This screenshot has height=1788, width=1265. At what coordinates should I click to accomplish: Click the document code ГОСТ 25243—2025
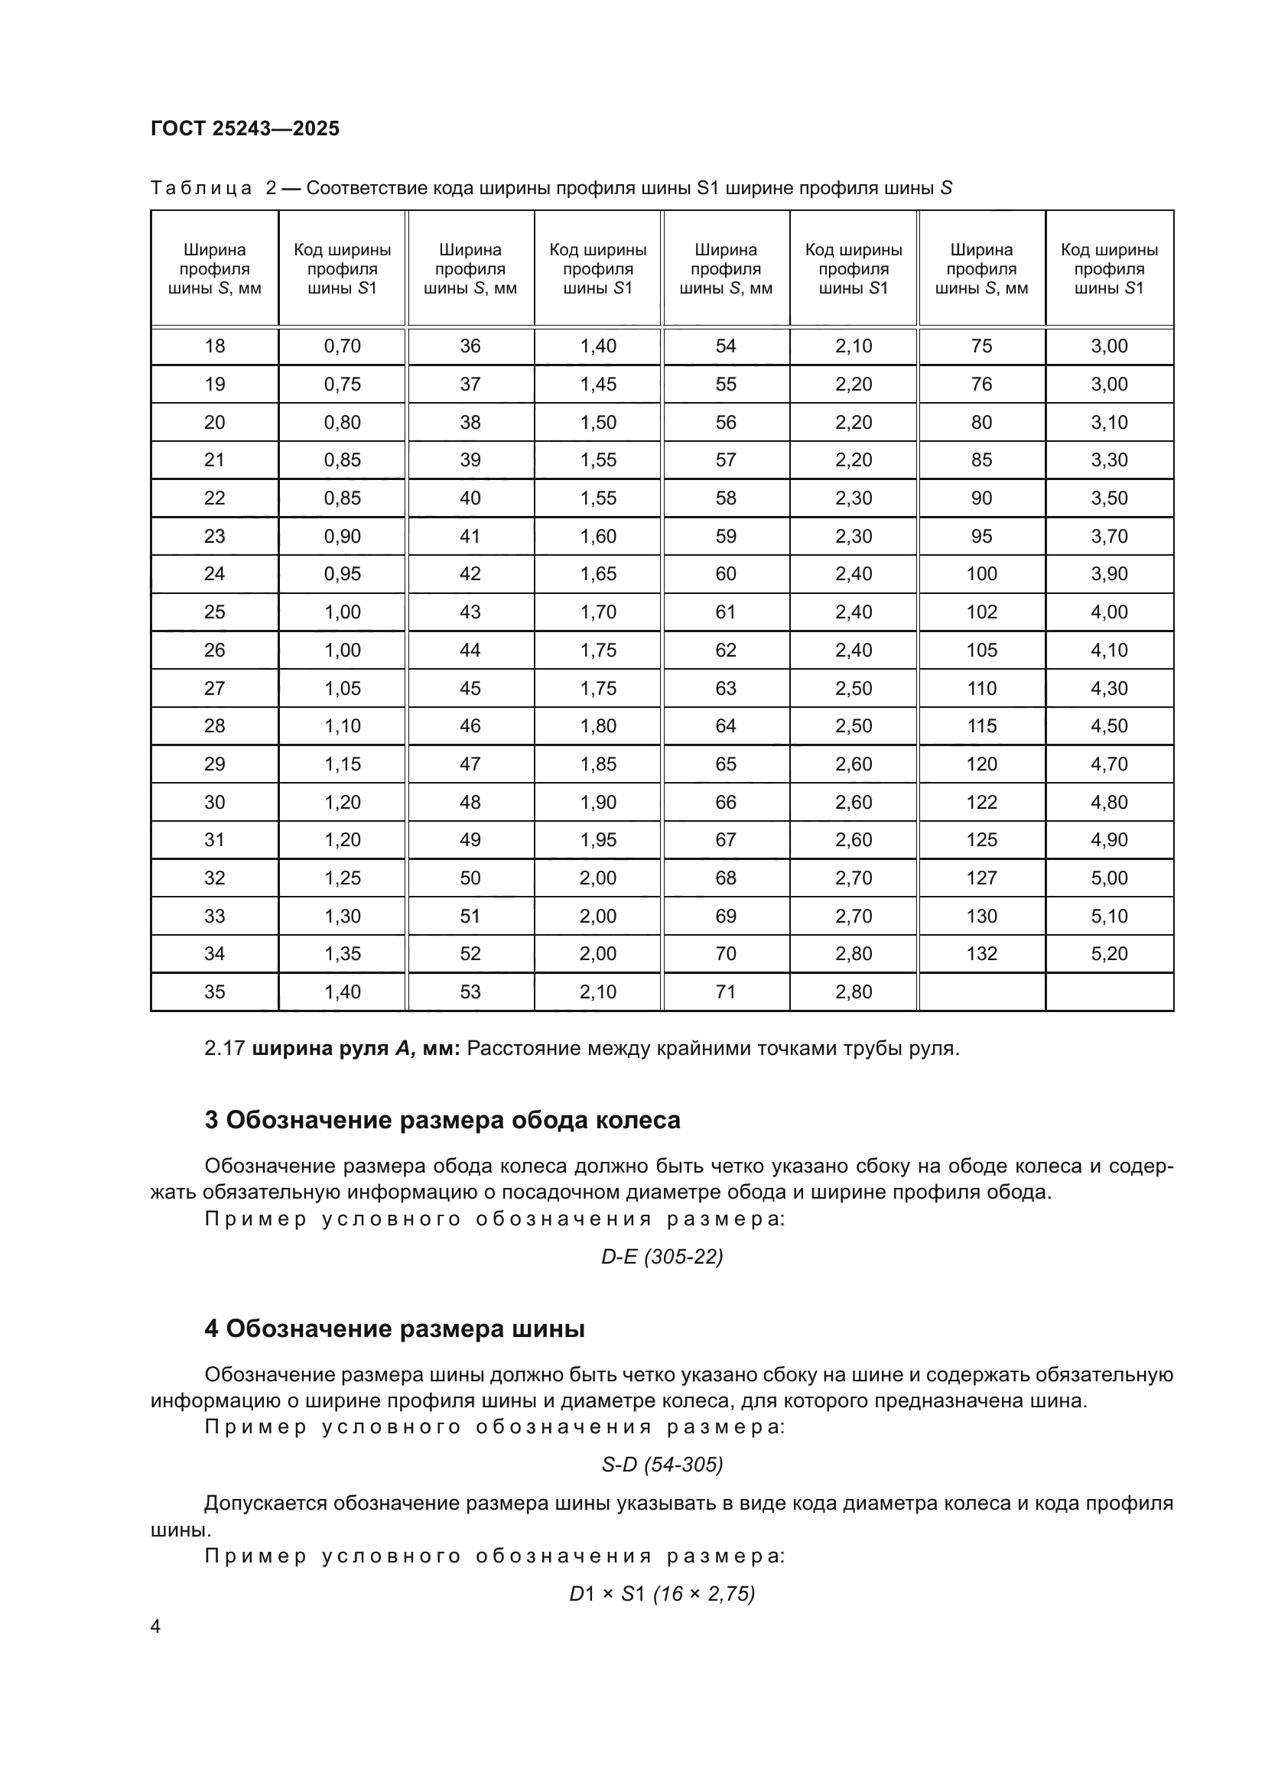(246, 128)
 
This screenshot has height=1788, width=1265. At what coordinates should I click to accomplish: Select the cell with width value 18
(214, 346)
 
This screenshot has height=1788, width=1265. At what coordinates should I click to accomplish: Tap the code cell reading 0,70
(342, 346)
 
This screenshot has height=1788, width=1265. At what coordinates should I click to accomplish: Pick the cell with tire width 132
(981, 954)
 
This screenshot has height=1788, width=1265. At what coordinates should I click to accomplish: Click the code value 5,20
(1109, 954)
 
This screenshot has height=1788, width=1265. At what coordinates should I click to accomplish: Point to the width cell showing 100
(981, 574)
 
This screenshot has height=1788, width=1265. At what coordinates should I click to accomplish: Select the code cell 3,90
(1109, 574)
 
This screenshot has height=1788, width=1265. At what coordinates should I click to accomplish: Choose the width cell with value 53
(470, 992)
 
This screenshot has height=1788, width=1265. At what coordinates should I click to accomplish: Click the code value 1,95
(597, 840)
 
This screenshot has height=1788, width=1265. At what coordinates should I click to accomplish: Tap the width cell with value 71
(726, 992)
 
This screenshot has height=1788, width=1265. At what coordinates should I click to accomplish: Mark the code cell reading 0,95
(342, 574)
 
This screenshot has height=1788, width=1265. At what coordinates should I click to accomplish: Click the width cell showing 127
(981, 878)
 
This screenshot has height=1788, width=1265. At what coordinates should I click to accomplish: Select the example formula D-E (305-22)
(662, 1257)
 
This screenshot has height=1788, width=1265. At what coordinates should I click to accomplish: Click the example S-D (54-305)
(662, 1465)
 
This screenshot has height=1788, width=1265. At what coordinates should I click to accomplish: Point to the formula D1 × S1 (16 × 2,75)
(662, 1594)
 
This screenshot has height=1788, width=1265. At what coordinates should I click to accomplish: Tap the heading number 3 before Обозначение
(211, 1121)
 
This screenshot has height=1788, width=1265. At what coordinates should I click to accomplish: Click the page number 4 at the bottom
(155, 1627)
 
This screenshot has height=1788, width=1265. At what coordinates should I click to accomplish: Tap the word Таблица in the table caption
(201, 189)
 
